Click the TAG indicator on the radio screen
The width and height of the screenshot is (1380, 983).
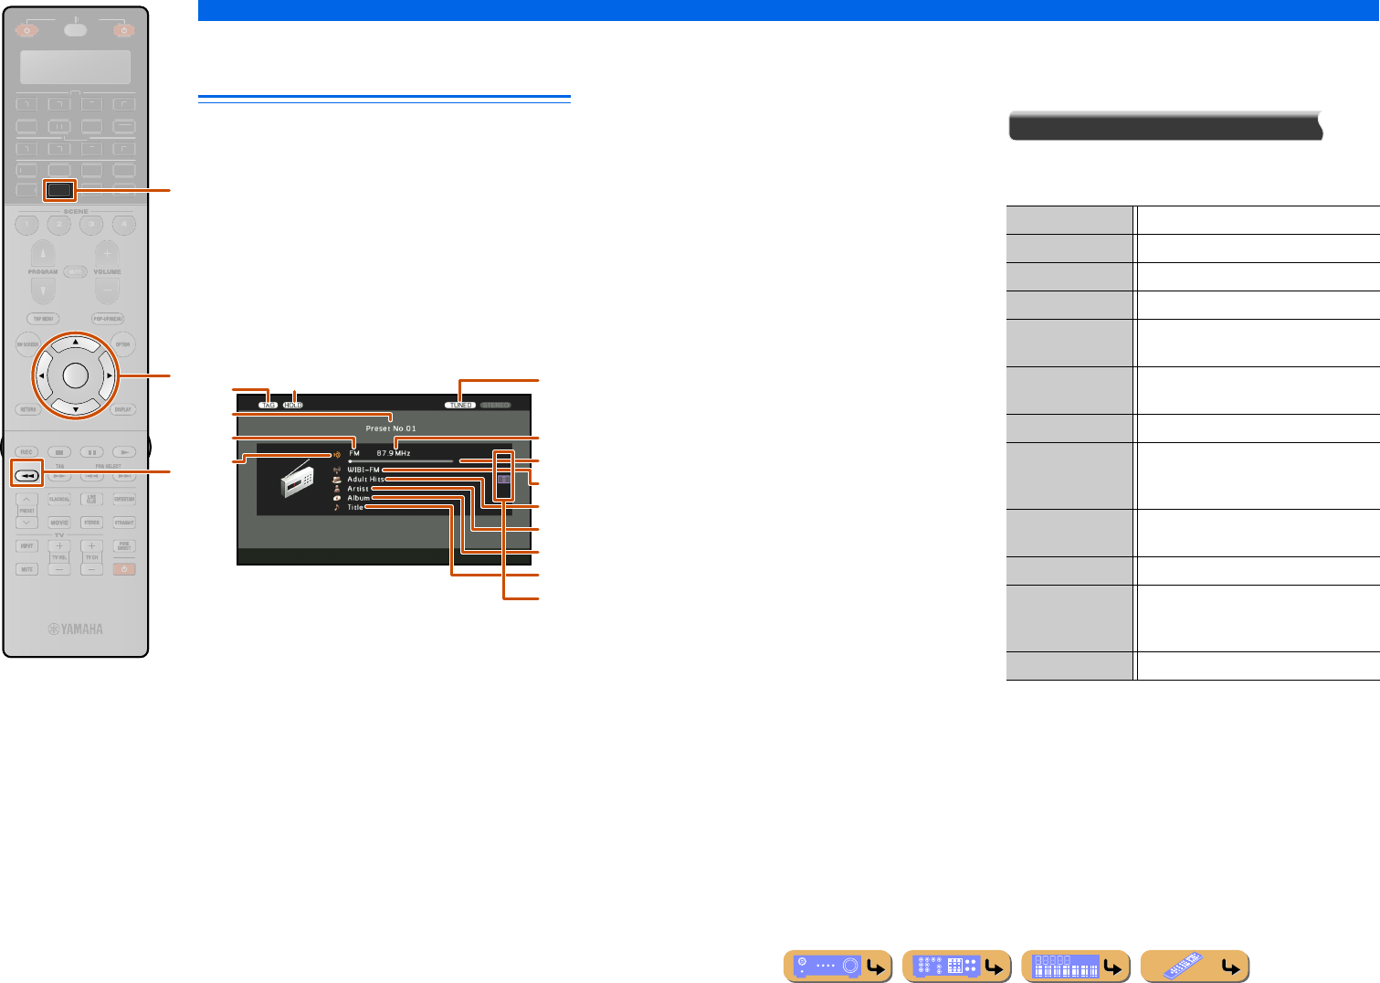tap(268, 405)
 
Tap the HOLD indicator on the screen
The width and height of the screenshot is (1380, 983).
tap(292, 405)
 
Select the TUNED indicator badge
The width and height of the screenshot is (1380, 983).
tap(460, 405)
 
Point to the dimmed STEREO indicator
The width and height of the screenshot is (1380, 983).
tap(495, 405)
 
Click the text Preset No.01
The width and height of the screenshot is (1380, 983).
tap(391, 428)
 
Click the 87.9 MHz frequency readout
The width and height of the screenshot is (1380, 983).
tap(394, 453)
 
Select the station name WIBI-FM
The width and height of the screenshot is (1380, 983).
tap(363, 470)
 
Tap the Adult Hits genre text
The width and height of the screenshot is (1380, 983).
tap(365, 479)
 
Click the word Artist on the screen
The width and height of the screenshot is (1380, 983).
tap(358, 489)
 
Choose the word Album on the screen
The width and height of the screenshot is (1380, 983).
tap(358, 498)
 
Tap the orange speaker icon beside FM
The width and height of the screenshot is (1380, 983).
tap(338, 453)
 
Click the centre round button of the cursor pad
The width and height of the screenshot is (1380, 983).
tap(76, 375)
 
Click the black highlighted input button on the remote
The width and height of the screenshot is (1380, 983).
tap(59, 190)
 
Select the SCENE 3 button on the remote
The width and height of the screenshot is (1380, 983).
tap(91, 225)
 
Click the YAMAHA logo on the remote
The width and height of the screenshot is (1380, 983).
tap(76, 629)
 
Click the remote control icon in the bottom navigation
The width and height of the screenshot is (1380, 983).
tap(1195, 966)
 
